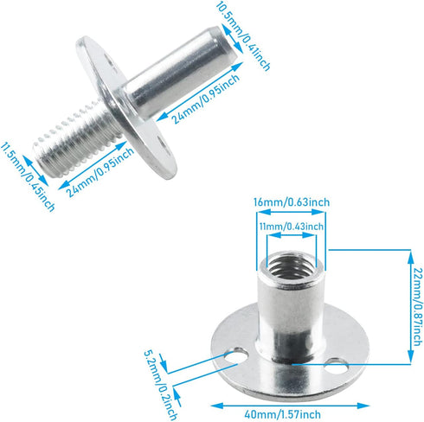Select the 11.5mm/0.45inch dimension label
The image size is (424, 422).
click(x=29, y=178)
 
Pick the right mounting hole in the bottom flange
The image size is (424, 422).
click(x=336, y=369)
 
